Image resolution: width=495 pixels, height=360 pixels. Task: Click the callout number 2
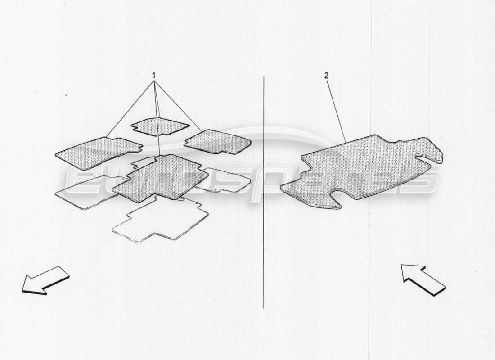327,75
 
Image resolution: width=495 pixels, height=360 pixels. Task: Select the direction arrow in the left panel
45,281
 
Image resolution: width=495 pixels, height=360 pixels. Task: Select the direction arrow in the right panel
423,280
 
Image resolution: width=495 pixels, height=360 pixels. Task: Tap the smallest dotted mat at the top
159,126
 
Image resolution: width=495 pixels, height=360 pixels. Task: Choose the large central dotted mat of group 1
160,178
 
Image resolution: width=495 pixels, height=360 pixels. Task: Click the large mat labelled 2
360,171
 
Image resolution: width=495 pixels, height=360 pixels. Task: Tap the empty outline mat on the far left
83,193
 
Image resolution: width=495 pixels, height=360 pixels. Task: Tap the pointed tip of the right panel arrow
403,266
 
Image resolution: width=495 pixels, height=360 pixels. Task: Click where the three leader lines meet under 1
154,82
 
